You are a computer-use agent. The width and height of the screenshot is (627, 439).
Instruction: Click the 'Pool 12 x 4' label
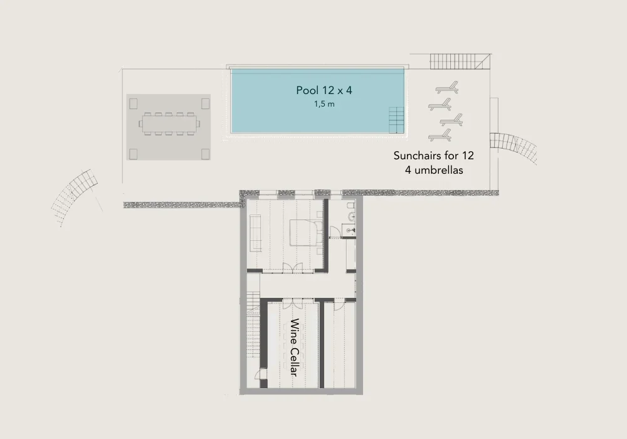324,90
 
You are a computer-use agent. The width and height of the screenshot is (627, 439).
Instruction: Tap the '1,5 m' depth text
324,104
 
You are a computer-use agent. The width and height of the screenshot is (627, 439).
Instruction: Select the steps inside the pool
395,119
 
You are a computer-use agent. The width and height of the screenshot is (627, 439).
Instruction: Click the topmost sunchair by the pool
447,88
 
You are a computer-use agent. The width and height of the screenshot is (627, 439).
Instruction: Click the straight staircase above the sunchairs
460,61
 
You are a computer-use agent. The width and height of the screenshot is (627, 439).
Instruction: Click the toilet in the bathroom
351,209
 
